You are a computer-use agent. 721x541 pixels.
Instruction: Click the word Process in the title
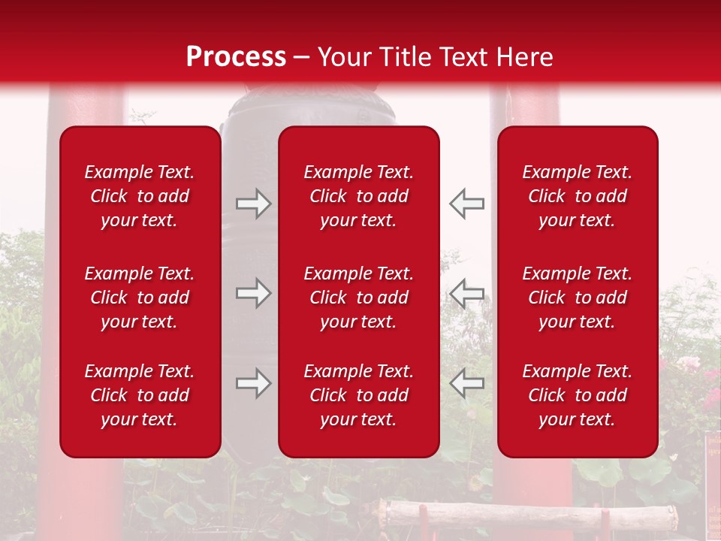236,57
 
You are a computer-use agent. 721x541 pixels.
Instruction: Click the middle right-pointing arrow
253,293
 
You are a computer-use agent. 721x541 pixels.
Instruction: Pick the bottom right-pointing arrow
253,383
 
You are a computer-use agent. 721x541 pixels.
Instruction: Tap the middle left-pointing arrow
466,293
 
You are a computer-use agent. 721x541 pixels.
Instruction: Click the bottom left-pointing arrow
466,383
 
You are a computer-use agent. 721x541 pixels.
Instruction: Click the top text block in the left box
140,196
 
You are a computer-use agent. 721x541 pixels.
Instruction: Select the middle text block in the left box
140,298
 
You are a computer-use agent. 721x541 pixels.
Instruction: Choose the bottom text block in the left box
140,395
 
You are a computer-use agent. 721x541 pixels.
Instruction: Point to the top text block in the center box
359,196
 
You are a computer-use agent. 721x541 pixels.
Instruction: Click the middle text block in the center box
359,298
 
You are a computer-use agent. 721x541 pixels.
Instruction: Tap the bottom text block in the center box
359,395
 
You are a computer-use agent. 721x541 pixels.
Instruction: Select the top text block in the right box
578,196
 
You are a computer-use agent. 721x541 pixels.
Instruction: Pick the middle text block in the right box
578,298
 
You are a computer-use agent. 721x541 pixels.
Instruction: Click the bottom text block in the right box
578,395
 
